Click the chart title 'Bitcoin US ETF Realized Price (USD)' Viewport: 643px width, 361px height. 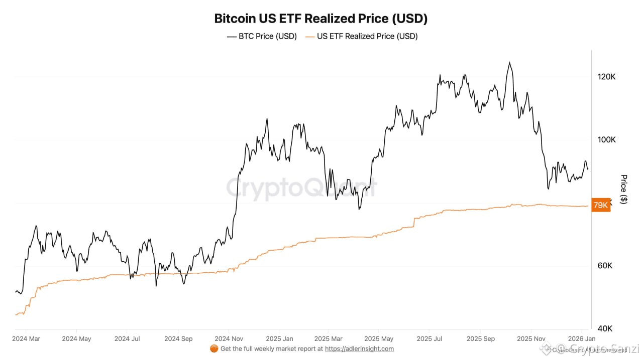pyautogui.click(x=321, y=19)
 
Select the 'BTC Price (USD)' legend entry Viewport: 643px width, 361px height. pyautogui.click(x=262, y=36)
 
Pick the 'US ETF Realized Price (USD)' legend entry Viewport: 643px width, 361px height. pyautogui.click(x=361, y=36)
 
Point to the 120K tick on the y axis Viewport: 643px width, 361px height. pyautogui.click(x=606, y=77)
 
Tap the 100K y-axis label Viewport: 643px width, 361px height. pyautogui.click(x=606, y=139)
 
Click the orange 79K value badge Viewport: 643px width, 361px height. pyautogui.click(x=601, y=205)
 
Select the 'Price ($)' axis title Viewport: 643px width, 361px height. pyautogui.click(x=624, y=189)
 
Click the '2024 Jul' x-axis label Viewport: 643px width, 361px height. pyautogui.click(x=127, y=338)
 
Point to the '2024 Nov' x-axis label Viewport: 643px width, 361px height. pyautogui.click(x=229, y=338)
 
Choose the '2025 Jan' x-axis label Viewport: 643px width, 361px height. pyautogui.click(x=279, y=338)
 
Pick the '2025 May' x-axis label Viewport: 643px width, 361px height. pyautogui.click(x=379, y=338)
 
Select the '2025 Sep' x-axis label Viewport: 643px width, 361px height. pyautogui.click(x=480, y=338)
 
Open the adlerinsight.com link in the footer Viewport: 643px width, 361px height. pyautogui.click(x=359, y=349)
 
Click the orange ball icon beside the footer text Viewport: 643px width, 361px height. pyautogui.click(x=213, y=348)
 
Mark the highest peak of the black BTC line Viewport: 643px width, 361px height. pyautogui.click(x=509, y=63)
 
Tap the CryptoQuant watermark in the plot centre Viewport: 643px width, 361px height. pyautogui.click(x=300, y=188)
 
